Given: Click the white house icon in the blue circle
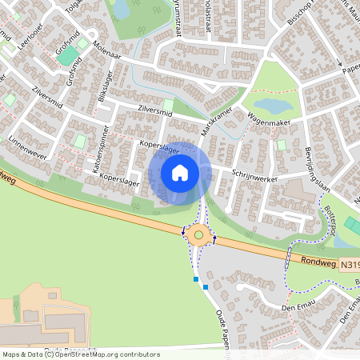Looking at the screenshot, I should pos(180,172).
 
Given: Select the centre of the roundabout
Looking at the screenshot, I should pos(198,234).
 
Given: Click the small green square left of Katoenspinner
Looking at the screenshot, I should pos(80,142).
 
